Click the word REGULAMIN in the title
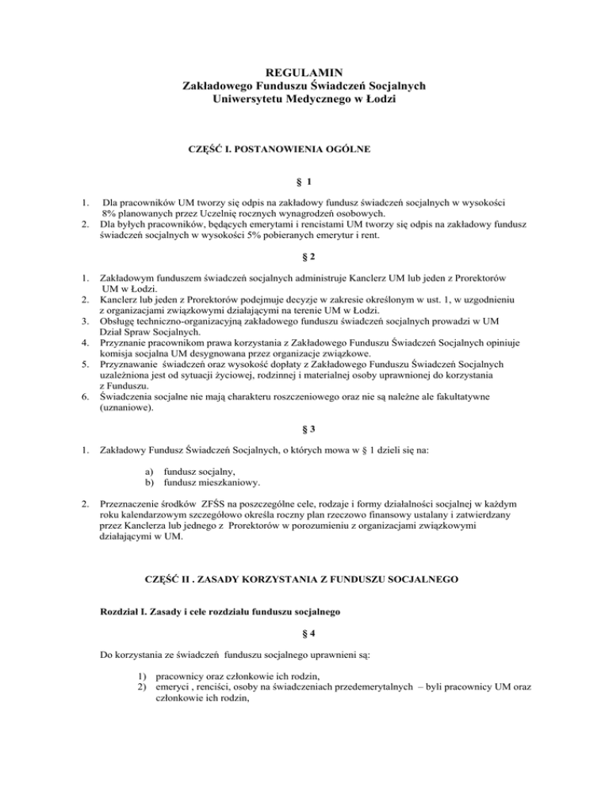coord(304,71)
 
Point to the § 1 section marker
coord(304,181)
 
